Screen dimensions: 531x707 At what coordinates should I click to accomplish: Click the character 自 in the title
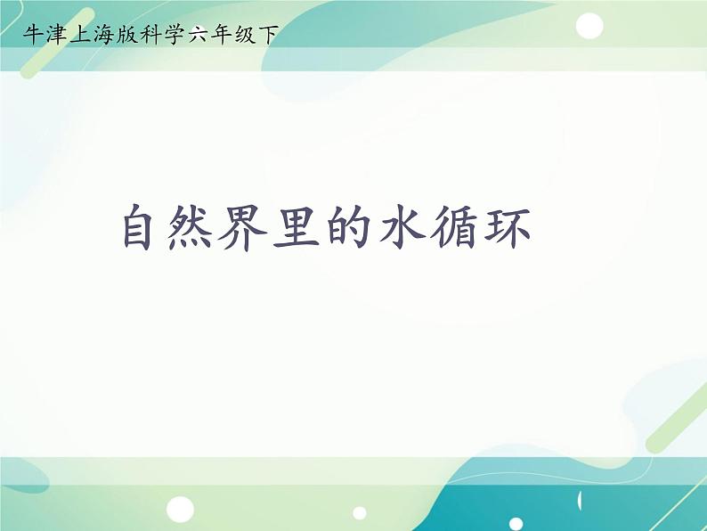click(x=144, y=228)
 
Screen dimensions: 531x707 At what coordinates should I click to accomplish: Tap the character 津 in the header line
click(x=57, y=35)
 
